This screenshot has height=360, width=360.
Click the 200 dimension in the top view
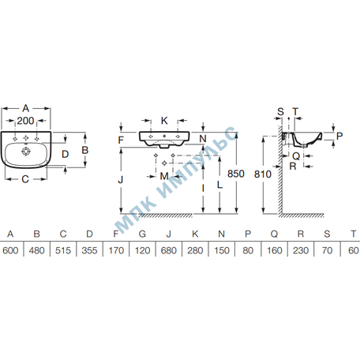coord(25,121)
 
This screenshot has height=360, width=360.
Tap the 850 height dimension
coord(236,174)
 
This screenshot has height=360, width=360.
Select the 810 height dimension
coord(263,174)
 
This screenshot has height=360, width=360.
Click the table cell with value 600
coord(10,250)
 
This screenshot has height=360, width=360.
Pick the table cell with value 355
coord(89,250)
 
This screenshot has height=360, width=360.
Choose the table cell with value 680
coord(169,250)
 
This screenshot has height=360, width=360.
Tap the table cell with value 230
coord(301,250)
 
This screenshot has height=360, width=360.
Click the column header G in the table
coord(142,234)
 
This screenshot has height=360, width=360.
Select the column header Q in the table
coord(274,234)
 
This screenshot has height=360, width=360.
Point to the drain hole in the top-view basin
coord(26,152)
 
